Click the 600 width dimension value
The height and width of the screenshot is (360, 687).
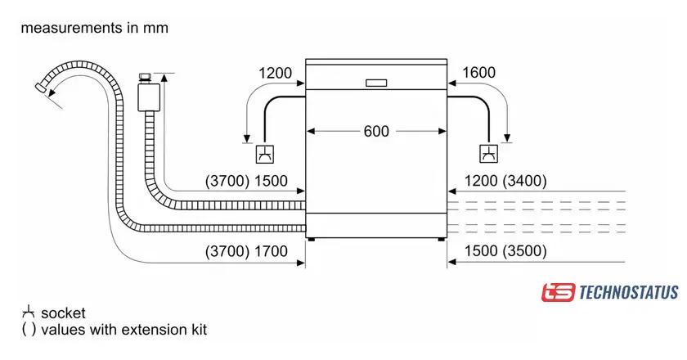(377, 131)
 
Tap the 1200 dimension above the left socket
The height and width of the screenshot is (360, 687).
(275, 73)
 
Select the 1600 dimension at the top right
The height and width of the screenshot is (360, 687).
(478, 73)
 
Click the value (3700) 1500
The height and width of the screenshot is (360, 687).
(247, 181)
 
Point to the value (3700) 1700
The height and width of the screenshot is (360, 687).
(247, 251)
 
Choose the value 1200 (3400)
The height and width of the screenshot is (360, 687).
(505, 181)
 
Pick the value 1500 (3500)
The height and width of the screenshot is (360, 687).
(505, 251)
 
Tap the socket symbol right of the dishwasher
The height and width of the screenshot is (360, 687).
(487, 153)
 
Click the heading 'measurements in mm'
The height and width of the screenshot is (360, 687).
(94, 28)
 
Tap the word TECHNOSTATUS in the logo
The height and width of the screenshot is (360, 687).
(628, 292)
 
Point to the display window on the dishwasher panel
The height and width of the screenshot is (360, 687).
(376, 83)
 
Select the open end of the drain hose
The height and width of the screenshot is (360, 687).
(42, 88)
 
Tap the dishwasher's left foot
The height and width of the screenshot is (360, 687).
(311, 239)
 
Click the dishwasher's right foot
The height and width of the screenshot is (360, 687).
(442, 239)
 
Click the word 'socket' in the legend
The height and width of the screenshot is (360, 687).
(63, 313)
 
